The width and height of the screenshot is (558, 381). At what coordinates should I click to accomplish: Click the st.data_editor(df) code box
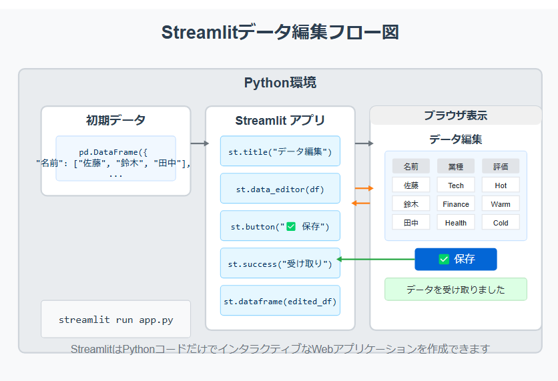280,188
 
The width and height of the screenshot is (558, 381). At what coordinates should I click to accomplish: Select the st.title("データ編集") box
280,151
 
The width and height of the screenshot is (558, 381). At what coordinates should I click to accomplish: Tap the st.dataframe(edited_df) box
280,300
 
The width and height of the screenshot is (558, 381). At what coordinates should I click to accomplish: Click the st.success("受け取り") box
280,263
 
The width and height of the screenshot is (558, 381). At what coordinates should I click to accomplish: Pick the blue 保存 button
455,259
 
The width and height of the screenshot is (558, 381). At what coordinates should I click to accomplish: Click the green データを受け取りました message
455,289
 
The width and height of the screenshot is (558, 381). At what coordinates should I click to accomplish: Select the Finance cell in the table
456,204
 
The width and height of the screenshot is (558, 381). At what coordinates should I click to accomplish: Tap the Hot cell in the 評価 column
501,185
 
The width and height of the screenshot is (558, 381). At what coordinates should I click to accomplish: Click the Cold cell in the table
501,222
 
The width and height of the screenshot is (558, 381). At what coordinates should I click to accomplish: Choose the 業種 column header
456,166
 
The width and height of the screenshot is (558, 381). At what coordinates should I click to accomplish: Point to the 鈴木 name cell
411,204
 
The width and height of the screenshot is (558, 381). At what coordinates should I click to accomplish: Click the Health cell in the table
456,222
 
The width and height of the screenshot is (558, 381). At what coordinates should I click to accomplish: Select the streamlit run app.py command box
115,319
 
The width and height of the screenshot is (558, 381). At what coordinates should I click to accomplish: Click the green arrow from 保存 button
375,260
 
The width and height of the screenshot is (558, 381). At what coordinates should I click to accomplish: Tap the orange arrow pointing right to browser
364,188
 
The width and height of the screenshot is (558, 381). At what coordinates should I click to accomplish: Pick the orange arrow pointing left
360,203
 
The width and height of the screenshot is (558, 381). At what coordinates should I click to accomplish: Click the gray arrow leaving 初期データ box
200,143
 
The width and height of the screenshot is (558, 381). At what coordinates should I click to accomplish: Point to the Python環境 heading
280,83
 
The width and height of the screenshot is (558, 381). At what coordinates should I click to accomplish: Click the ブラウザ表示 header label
455,115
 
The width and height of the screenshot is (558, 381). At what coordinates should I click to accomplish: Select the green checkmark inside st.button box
291,226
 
